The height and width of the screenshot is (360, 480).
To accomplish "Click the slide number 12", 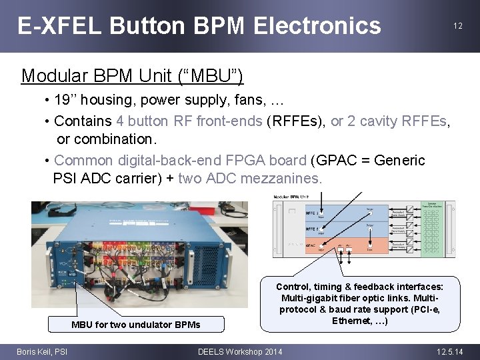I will [457, 26].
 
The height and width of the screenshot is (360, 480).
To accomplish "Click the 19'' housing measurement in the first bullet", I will [67, 101].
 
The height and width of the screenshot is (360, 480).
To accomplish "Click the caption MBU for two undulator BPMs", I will [135, 325].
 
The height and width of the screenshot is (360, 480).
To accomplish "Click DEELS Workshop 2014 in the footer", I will [240, 351].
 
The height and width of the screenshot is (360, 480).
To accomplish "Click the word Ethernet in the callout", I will [349, 321].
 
